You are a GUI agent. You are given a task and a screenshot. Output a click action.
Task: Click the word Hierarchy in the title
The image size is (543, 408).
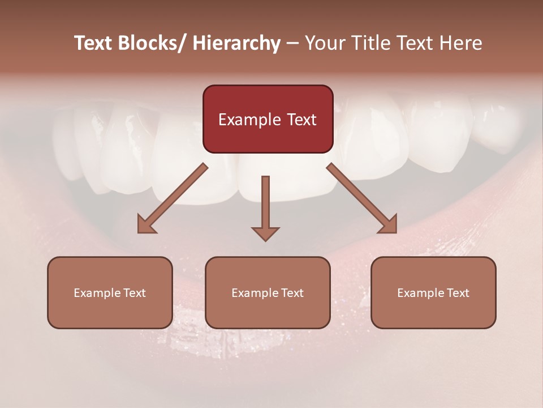[x=236, y=43]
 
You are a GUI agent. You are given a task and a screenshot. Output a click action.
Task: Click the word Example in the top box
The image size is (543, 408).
[x=249, y=120]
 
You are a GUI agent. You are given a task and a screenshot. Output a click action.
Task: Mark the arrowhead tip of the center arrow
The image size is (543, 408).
[x=265, y=240]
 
